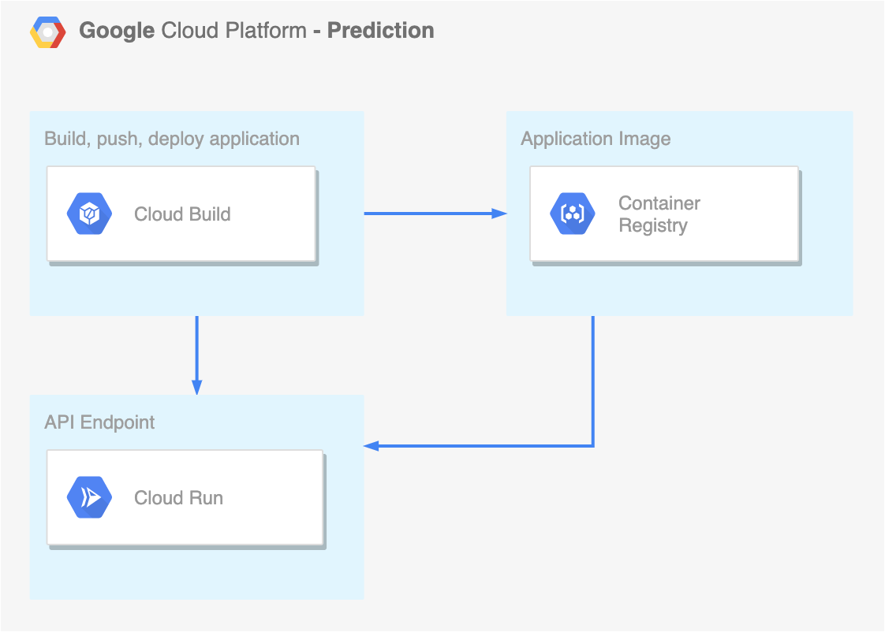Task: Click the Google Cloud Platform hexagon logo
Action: click(48, 32)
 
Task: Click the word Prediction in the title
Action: click(381, 31)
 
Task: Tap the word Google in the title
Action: click(117, 32)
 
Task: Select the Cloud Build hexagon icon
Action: click(89, 214)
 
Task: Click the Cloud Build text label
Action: click(182, 214)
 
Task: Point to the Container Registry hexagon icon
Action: click(573, 214)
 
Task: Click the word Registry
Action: click(653, 225)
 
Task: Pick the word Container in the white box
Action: click(659, 203)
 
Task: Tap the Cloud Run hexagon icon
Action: click(89, 497)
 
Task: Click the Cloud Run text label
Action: click(178, 498)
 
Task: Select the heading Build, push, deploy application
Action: click(172, 139)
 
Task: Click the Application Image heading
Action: click(596, 139)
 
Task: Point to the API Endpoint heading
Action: click(99, 422)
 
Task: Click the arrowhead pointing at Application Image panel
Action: click(499, 214)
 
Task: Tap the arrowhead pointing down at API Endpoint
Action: click(197, 388)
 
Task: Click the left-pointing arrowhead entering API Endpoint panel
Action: click(372, 446)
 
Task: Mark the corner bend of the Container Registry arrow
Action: click(593, 446)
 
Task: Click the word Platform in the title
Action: click(266, 31)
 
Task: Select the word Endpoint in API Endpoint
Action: click(118, 423)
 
